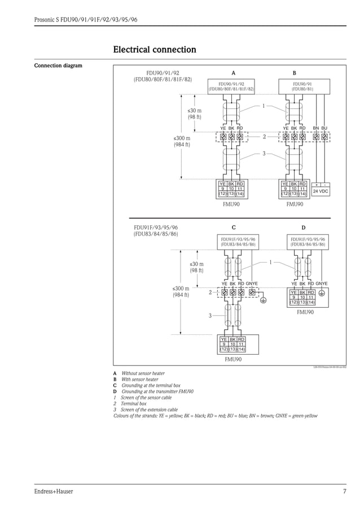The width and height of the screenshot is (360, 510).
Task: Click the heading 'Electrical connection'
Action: [x=155, y=50]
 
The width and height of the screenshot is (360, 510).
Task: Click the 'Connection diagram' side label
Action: [x=58, y=66]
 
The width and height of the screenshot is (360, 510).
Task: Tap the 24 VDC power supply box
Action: [x=321, y=191]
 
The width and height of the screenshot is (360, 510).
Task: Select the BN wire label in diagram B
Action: [x=316, y=128]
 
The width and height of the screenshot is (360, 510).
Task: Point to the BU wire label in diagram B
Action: [x=324, y=128]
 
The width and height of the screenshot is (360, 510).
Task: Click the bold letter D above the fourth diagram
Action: [x=303, y=228]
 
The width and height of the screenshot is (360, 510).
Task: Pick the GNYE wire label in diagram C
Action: [x=252, y=284]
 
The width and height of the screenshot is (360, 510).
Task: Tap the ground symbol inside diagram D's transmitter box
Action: [x=322, y=293]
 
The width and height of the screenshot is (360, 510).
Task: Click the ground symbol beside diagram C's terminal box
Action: [x=263, y=300]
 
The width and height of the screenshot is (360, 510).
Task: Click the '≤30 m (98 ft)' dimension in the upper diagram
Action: [x=194, y=114]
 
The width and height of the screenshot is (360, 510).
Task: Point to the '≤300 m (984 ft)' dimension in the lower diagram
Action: [x=181, y=291]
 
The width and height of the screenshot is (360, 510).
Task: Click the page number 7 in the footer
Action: [x=344, y=491]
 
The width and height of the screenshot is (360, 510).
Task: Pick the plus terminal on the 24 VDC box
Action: [x=317, y=185]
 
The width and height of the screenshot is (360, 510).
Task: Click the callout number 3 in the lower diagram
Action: [x=210, y=316]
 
